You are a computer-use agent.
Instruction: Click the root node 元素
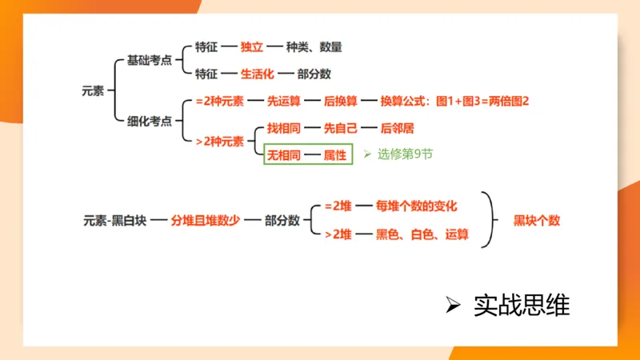[93, 90]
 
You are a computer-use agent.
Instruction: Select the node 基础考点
[150, 61]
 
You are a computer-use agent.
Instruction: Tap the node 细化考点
[150, 122]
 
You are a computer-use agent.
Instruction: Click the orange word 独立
[252, 47]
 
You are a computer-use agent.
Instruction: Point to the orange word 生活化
[258, 74]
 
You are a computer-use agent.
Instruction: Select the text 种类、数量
[320, 47]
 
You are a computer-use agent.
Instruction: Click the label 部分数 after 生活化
[314, 74]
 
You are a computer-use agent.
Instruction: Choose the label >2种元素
[219, 142]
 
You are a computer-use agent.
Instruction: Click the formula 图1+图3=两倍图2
[482, 102]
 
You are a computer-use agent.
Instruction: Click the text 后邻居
[398, 128]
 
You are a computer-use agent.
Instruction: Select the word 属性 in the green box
[335, 155]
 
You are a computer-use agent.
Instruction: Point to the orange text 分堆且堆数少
[206, 220]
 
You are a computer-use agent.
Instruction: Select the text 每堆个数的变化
[416, 206]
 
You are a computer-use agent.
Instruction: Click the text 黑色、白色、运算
[422, 234]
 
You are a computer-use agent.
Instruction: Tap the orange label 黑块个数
[537, 220]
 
